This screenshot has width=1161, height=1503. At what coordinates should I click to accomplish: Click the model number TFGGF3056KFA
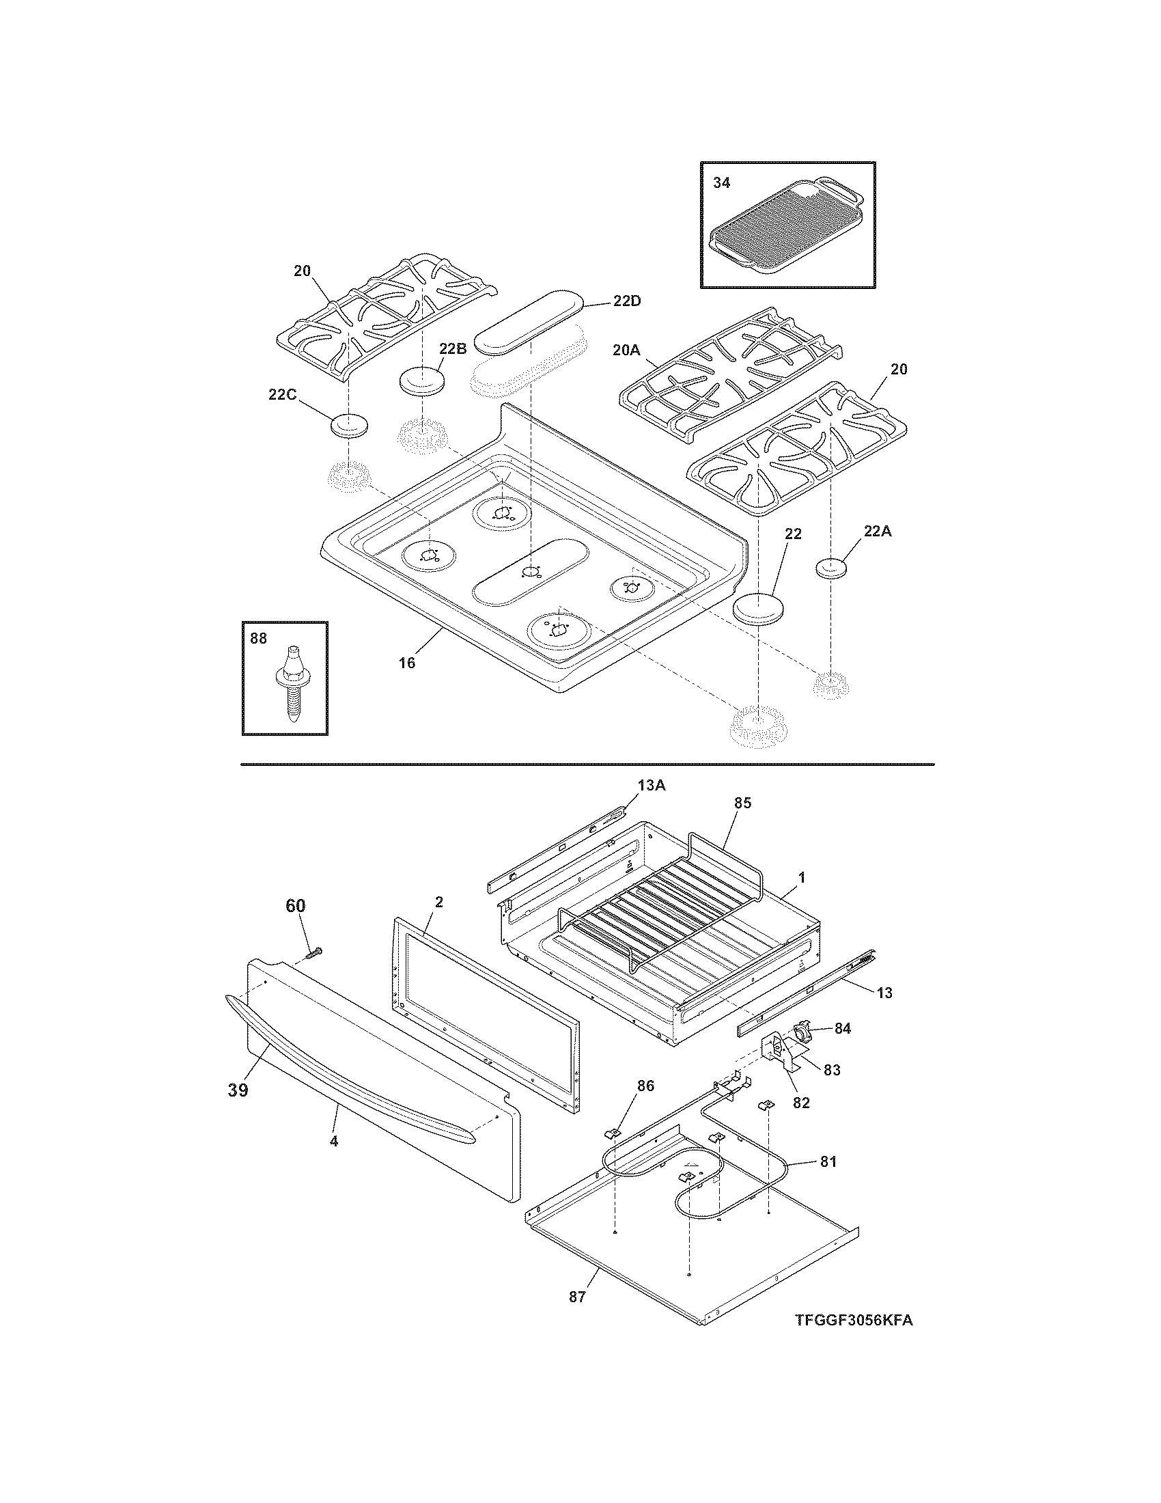[854, 1321]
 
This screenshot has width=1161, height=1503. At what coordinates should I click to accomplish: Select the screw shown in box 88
[292, 685]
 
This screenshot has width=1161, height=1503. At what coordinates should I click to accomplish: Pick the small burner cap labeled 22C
[349, 426]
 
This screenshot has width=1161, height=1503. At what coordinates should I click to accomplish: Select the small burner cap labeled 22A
[830, 569]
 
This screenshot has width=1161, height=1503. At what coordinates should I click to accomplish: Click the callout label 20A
[626, 350]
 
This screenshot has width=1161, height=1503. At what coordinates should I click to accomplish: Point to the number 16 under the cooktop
[407, 663]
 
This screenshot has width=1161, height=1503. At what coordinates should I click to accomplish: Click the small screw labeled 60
[315, 952]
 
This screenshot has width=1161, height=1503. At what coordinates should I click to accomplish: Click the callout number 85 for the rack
[742, 803]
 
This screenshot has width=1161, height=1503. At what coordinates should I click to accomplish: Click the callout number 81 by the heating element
[828, 1161]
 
